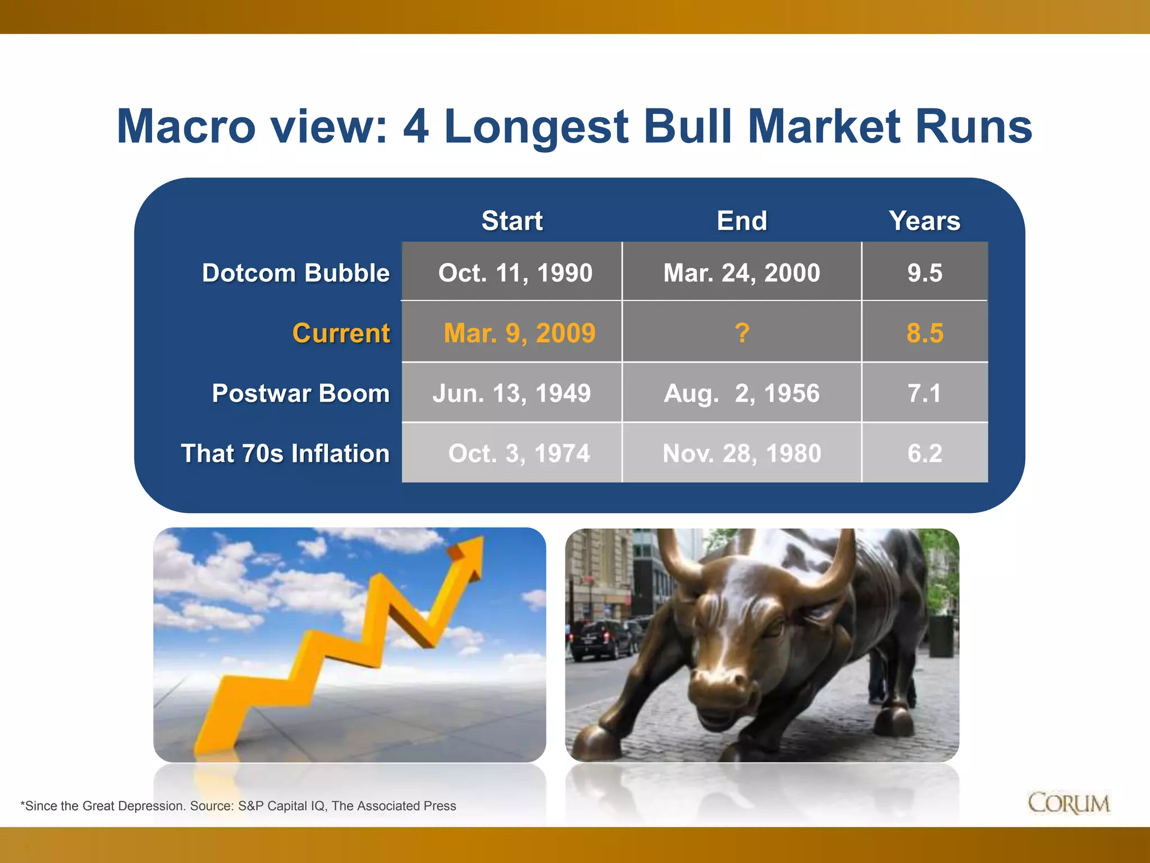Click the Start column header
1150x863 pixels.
point(512,220)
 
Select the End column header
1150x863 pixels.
point(742,220)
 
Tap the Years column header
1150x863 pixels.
point(924,220)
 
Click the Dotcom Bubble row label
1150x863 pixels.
point(295,273)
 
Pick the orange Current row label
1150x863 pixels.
point(341,333)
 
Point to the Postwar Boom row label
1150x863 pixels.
point(300,393)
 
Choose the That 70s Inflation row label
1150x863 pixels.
point(285,453)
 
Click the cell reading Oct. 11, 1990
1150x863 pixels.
point(515,273)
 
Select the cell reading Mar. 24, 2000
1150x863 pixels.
point(742,273)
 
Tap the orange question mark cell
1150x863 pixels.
point(742,333)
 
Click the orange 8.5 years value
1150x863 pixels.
point(925,333)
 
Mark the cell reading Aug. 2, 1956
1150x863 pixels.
point(742,393)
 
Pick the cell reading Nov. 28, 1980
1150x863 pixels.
point(742,453)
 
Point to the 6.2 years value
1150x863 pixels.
point(925,453)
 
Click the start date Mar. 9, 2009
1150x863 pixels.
point(519,333)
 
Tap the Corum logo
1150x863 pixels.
point(1069,803)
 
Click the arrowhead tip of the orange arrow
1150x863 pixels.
point(480,540)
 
